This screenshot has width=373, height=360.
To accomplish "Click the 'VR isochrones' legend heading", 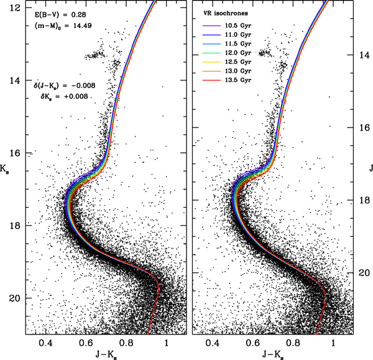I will (x=228, y=14).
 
